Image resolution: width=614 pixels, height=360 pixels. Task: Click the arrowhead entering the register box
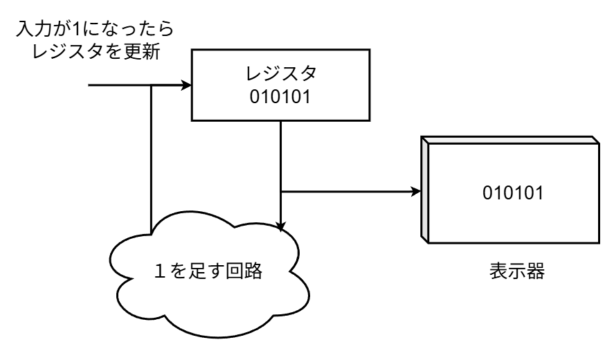(x=186, y=86)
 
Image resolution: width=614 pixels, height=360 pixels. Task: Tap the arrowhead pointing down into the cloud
(x=280, y=226)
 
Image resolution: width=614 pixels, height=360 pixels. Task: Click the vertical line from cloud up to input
(x=150, y=159)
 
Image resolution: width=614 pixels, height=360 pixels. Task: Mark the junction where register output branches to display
(x=280, y=191)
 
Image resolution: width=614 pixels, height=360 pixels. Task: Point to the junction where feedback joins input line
(x=150, y=86)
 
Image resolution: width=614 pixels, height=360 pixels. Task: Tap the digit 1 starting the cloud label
(x=162, y=270)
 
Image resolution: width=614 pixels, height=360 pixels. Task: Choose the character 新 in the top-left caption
(x=151, y=53)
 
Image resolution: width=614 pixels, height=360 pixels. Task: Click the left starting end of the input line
(x=90, y=86)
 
